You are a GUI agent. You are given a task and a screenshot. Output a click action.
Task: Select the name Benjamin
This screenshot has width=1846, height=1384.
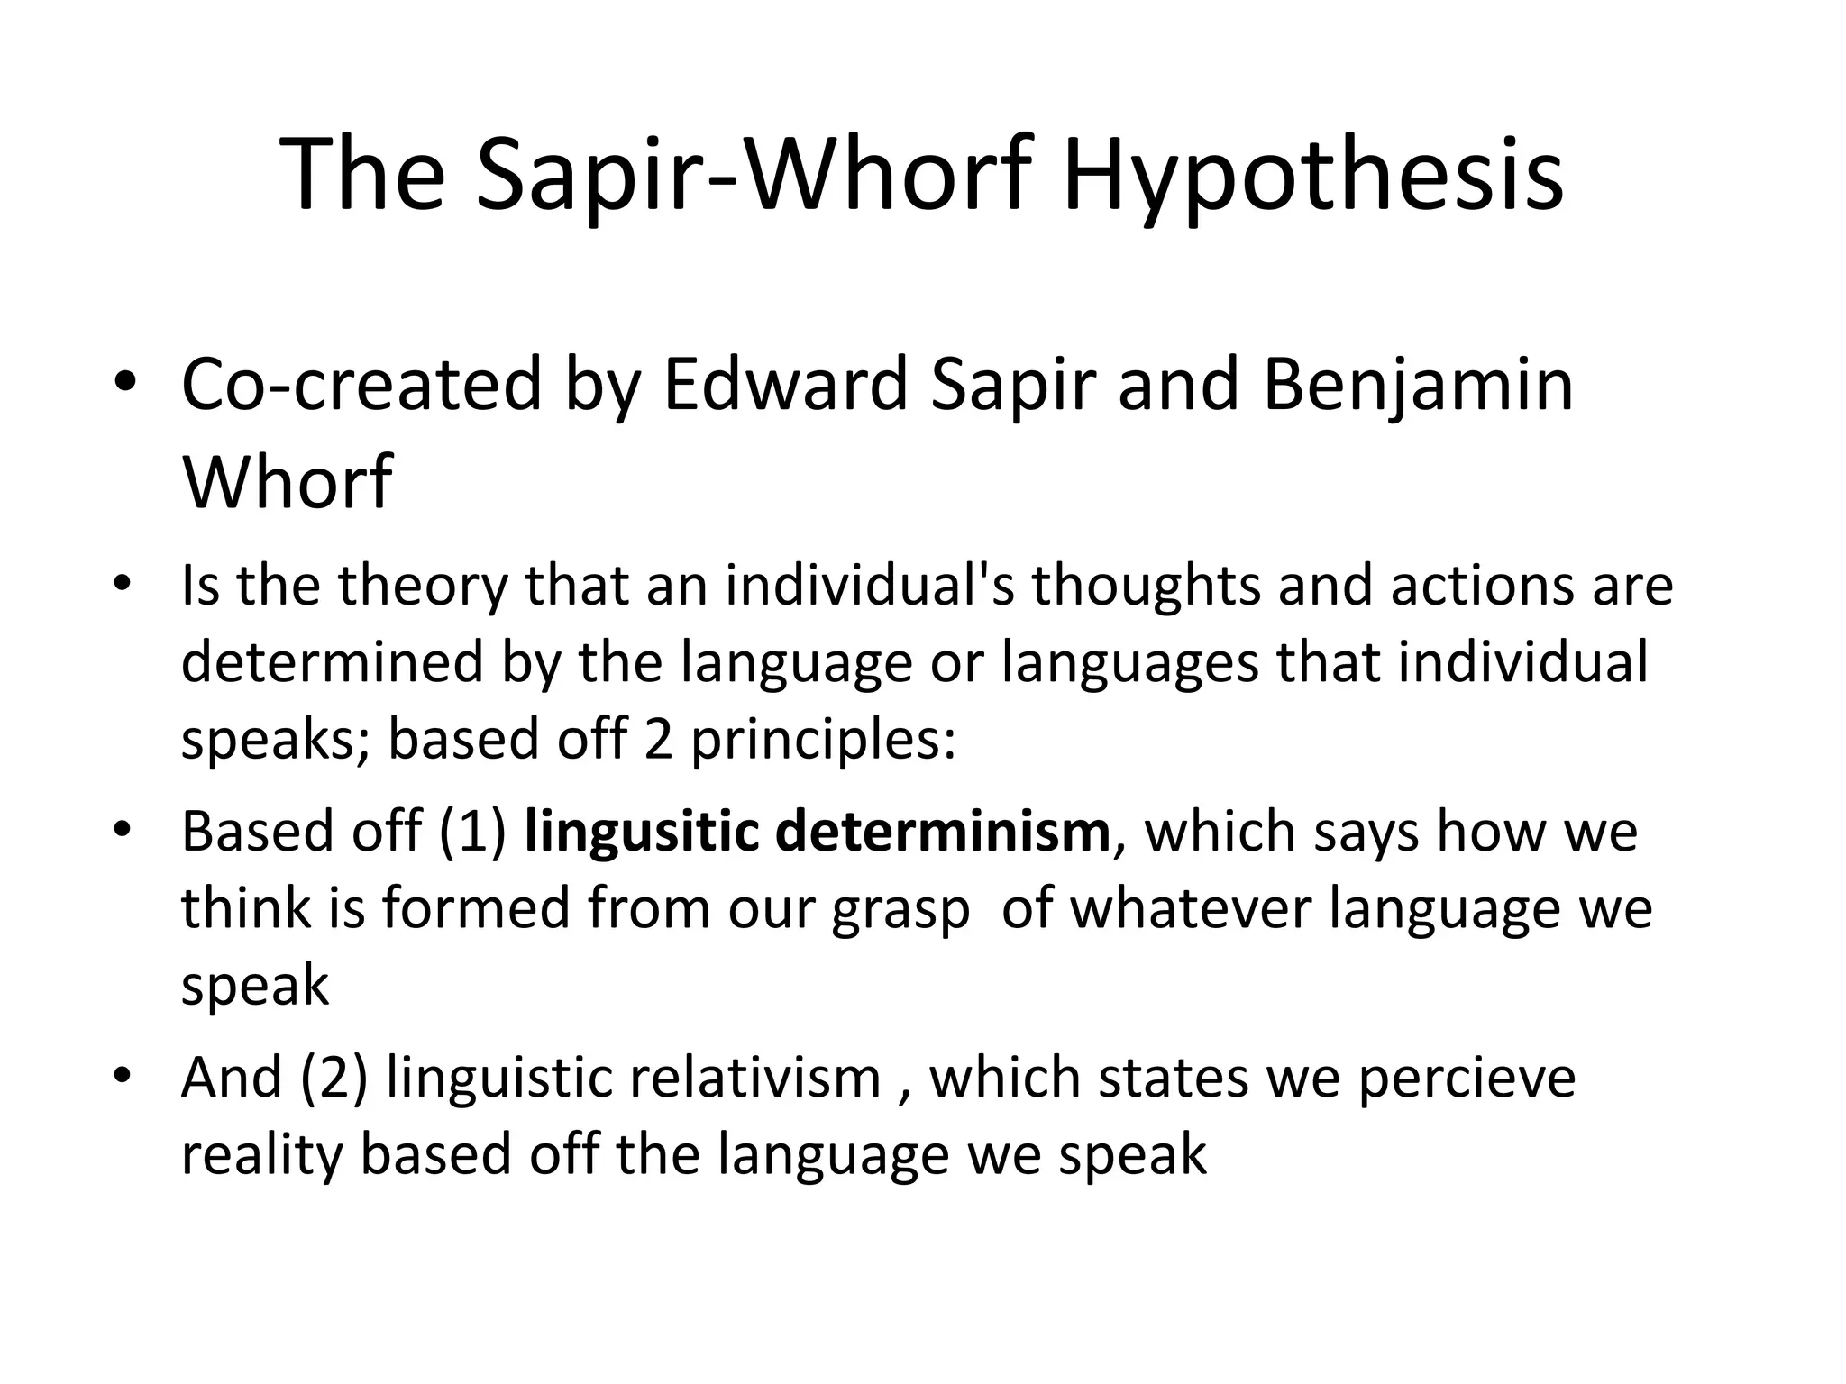pos(1418,385)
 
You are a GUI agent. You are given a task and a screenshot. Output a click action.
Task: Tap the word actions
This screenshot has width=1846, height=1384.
pos(1471,586)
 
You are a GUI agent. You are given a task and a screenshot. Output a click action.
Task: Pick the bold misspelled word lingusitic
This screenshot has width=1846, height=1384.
pos(642,831)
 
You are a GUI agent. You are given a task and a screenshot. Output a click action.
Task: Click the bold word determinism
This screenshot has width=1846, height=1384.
pos(943,831)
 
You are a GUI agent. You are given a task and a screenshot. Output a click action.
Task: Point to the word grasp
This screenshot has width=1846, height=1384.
pos(900,909)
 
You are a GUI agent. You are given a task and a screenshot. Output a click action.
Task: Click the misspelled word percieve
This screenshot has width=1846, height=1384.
pos(1467,1078)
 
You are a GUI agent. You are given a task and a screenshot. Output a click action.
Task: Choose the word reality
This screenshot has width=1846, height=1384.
pos(262,1155)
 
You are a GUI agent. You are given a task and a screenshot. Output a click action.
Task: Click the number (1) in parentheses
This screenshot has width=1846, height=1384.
pos(472,831)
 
